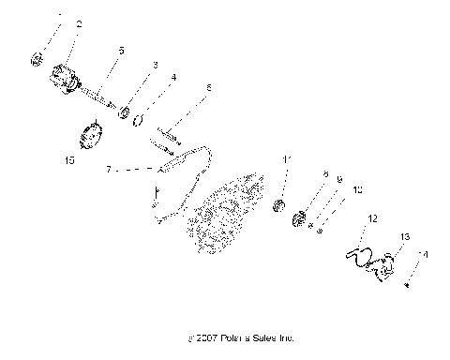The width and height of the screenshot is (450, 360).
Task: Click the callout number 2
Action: pyautogui.click(x=79, y=24)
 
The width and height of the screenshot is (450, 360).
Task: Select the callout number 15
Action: pyautogui.click(x=68, y=160)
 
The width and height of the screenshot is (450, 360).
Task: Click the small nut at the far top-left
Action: pyautogui.click(x=38, y=59)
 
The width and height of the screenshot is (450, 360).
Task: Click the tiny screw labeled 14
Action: pyautogui.click(x=407, y=285)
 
